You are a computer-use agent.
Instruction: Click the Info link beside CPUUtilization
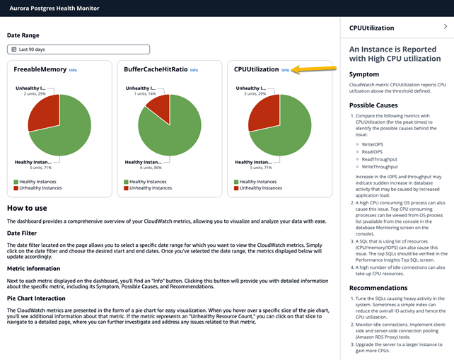coord(285,70)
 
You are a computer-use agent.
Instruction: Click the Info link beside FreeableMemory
coord(73,70)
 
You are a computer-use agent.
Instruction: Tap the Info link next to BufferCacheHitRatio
coord(194,70)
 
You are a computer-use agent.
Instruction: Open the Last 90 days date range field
coord(78,50)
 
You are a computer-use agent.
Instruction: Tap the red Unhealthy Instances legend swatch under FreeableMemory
coord(16,188)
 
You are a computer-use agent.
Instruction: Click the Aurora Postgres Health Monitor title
coord(54,8)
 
